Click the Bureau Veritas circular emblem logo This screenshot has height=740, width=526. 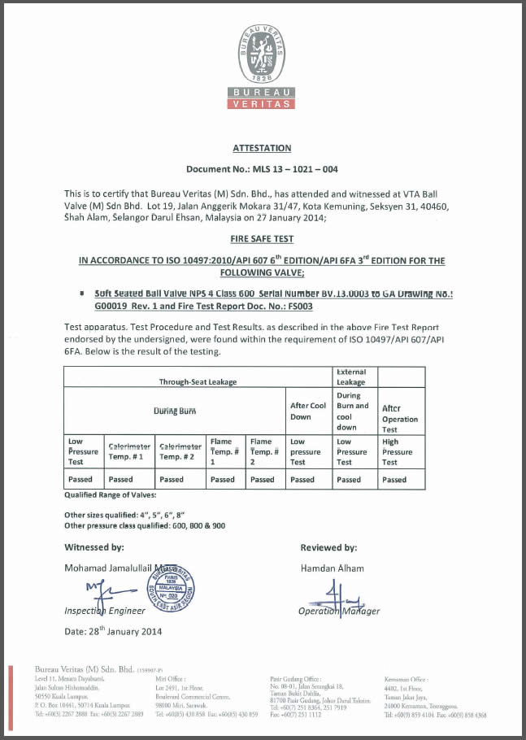(x=262, y=54)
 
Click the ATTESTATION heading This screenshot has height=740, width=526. (x=262, y=148)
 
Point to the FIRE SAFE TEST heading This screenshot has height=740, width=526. (x=262, y=240)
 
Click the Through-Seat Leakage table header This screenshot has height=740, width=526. (x=198, y=381)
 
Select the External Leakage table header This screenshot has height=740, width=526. (x=351, y=377)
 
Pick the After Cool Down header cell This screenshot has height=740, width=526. (x=308, y=410)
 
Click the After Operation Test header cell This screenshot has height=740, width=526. (x=400, y=418)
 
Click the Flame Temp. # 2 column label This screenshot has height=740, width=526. (x=263, y=451)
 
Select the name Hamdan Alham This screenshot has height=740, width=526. (x=332, y=568)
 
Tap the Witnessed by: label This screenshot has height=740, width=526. (x=94, y=547)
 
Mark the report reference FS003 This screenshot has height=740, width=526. (x=296, y=307)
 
